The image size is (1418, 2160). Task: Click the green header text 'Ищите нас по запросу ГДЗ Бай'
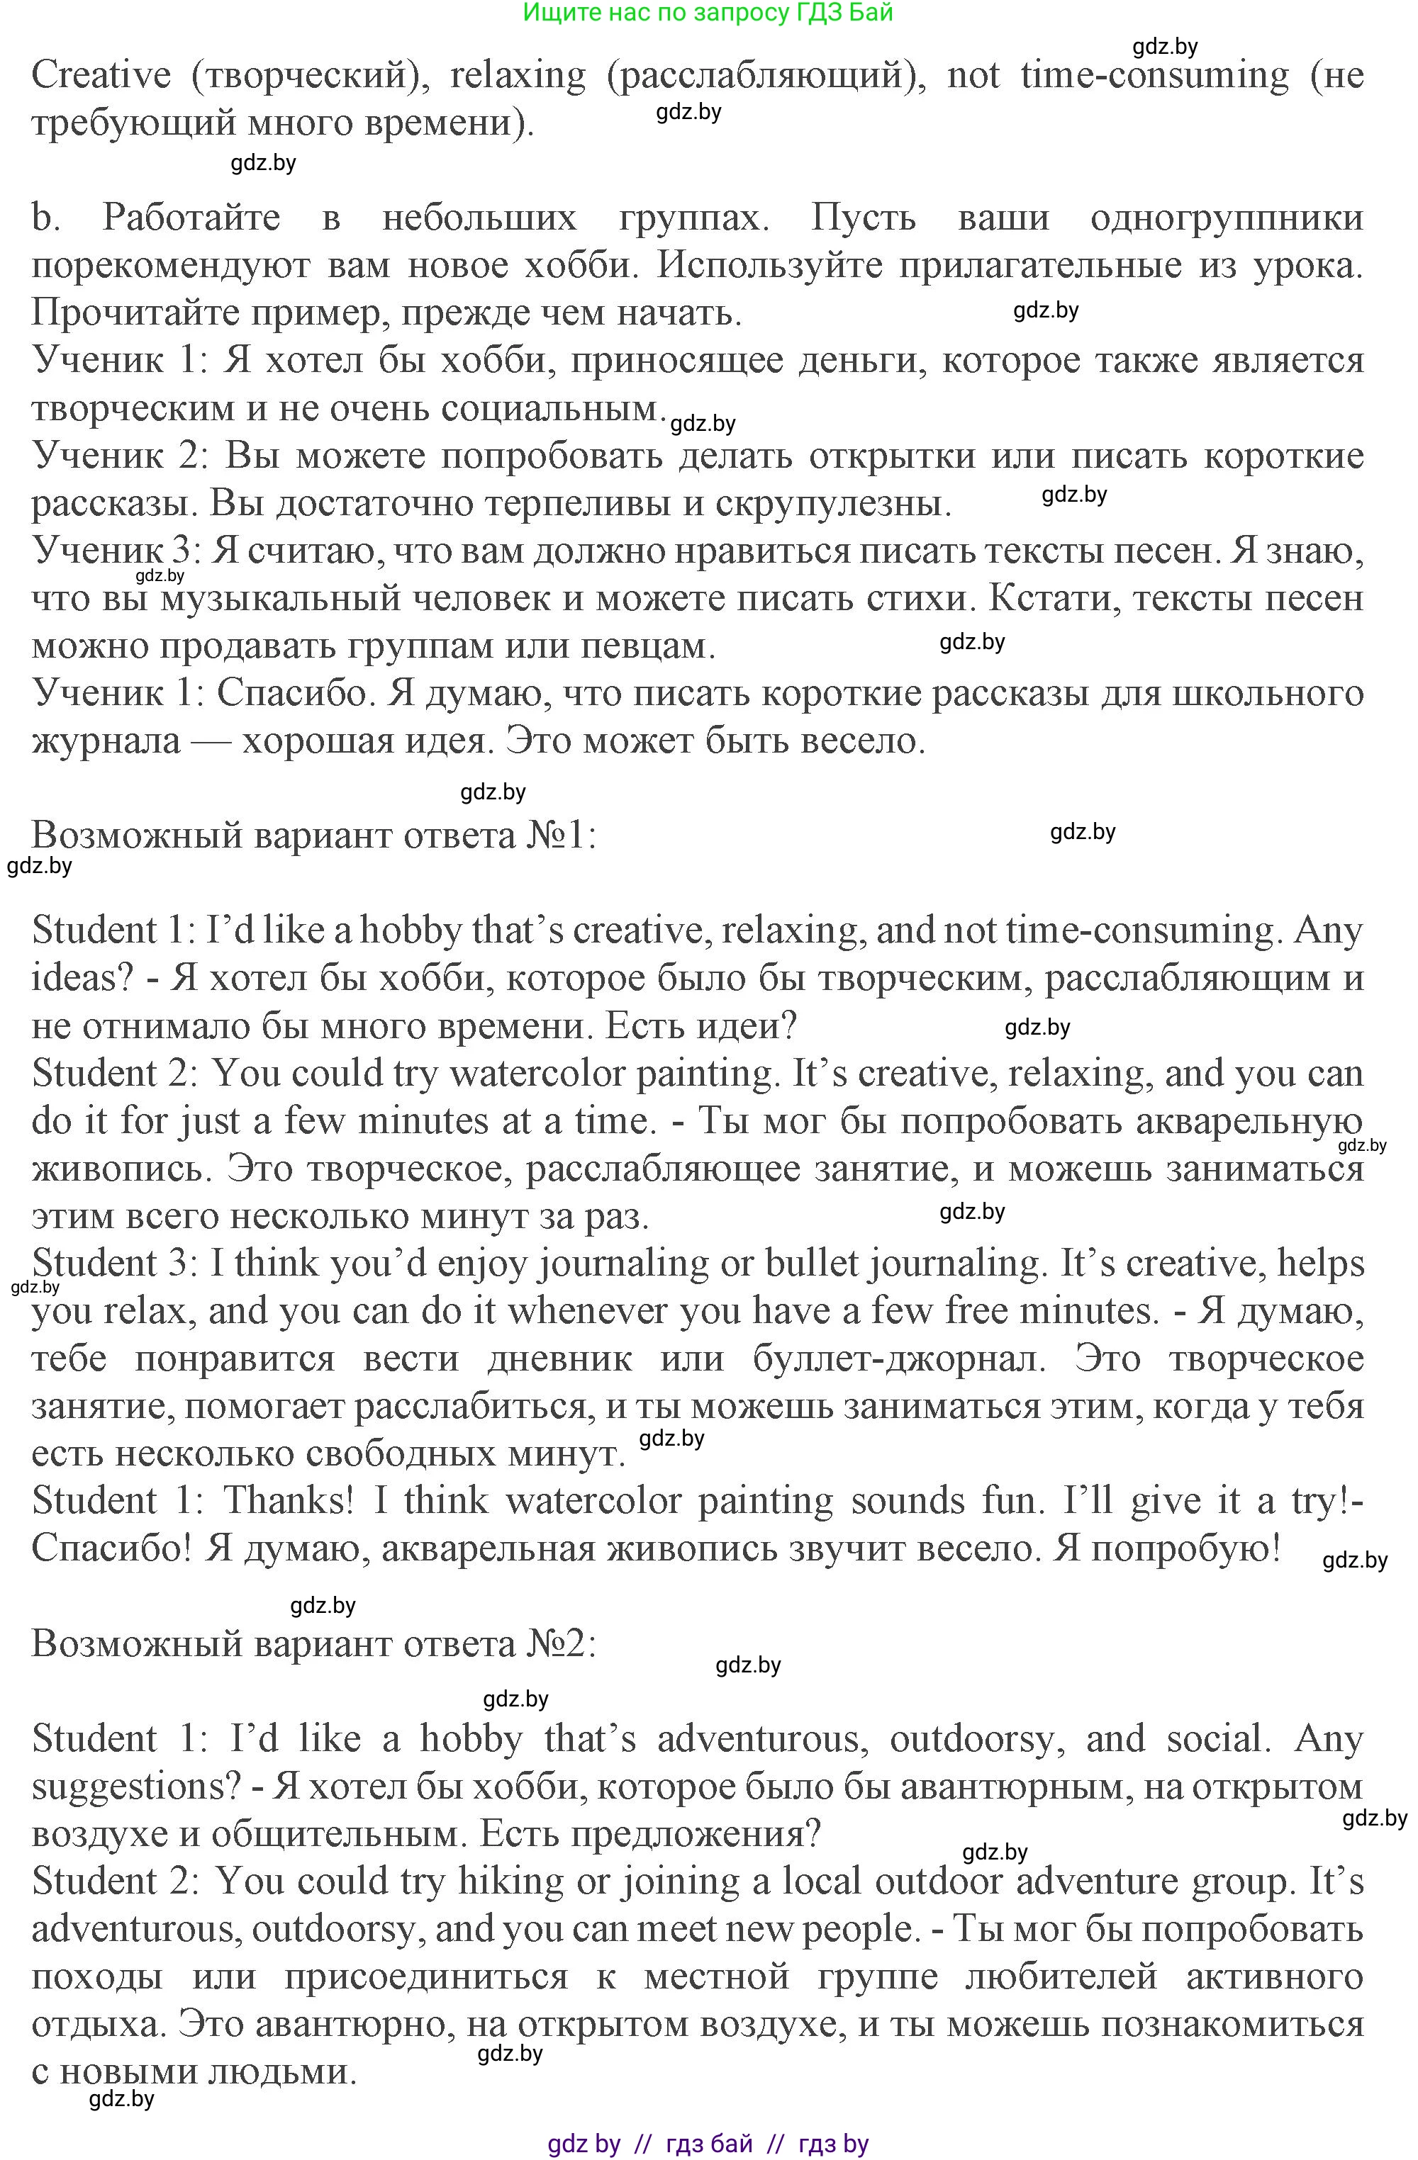(708, 13)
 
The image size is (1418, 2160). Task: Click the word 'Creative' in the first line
(101, 74)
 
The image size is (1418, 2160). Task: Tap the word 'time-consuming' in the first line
(1154, 74)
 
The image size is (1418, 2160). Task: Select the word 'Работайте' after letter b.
(191, 218)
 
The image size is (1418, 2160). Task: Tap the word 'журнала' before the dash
(106, 741)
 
